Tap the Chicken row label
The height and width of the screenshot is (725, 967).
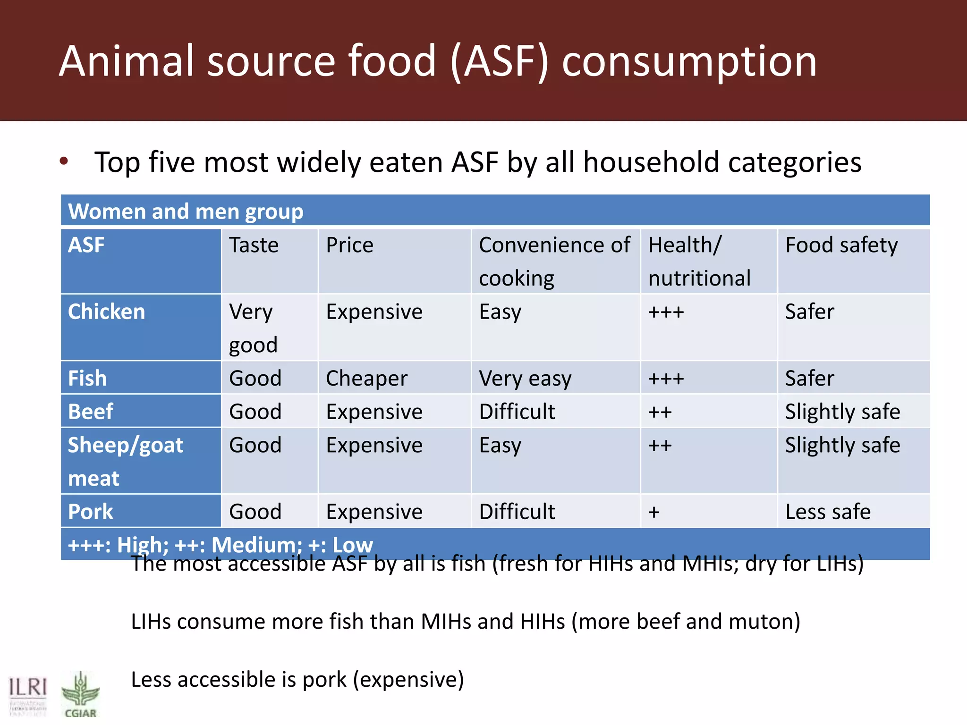click(x=107, y=312)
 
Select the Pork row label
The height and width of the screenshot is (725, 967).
click(x=91, y=512)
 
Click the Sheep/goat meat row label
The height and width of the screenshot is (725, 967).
click(x=125, y=461)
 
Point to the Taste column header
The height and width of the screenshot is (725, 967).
click(x=254, y=245)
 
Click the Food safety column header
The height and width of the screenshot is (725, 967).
click(x=841, y=245)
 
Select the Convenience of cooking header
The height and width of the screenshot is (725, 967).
click(x=554, y=261)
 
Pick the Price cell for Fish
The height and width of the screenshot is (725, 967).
click(x=366, y=378)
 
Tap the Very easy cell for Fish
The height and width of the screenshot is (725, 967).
click(x=525, y=378)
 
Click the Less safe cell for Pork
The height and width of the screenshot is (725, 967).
click(x=828, y=512)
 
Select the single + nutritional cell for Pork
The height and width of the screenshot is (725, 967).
click(x=654, y=512)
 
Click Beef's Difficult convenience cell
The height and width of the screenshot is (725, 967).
click(x=517, y=412)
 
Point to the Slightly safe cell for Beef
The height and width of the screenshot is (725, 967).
click(x=842, y=412)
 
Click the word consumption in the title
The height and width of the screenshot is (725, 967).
click(x=689, y=61)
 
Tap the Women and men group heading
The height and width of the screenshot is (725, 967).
click(x=186, y=211)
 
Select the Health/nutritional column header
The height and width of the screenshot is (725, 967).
click(x=699, y=261)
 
